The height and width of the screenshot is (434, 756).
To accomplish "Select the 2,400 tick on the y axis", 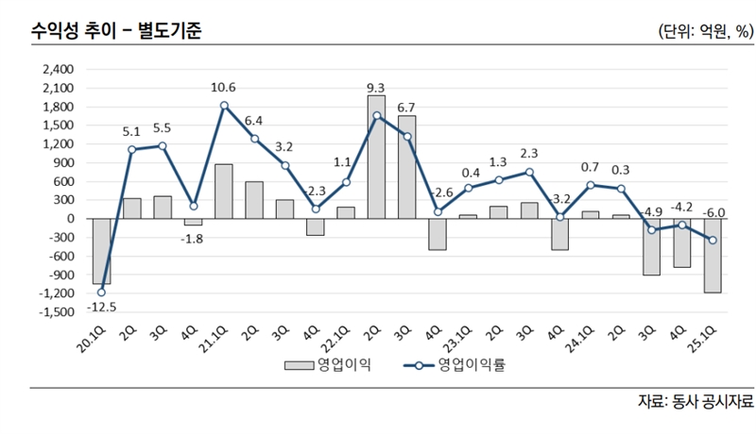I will pos(59,70).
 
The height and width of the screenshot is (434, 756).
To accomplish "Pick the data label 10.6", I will pos(224,88).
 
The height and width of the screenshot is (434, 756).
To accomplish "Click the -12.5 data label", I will pos(101,307).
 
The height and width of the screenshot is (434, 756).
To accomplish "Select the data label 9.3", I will pos(375,88).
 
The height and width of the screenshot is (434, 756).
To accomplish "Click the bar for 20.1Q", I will pos(101,251).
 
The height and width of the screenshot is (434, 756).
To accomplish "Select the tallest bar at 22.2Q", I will pos(375,157).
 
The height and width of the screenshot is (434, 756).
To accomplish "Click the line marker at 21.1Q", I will pos(224,106).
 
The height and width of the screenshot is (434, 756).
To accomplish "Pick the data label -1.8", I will pos(193,240).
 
